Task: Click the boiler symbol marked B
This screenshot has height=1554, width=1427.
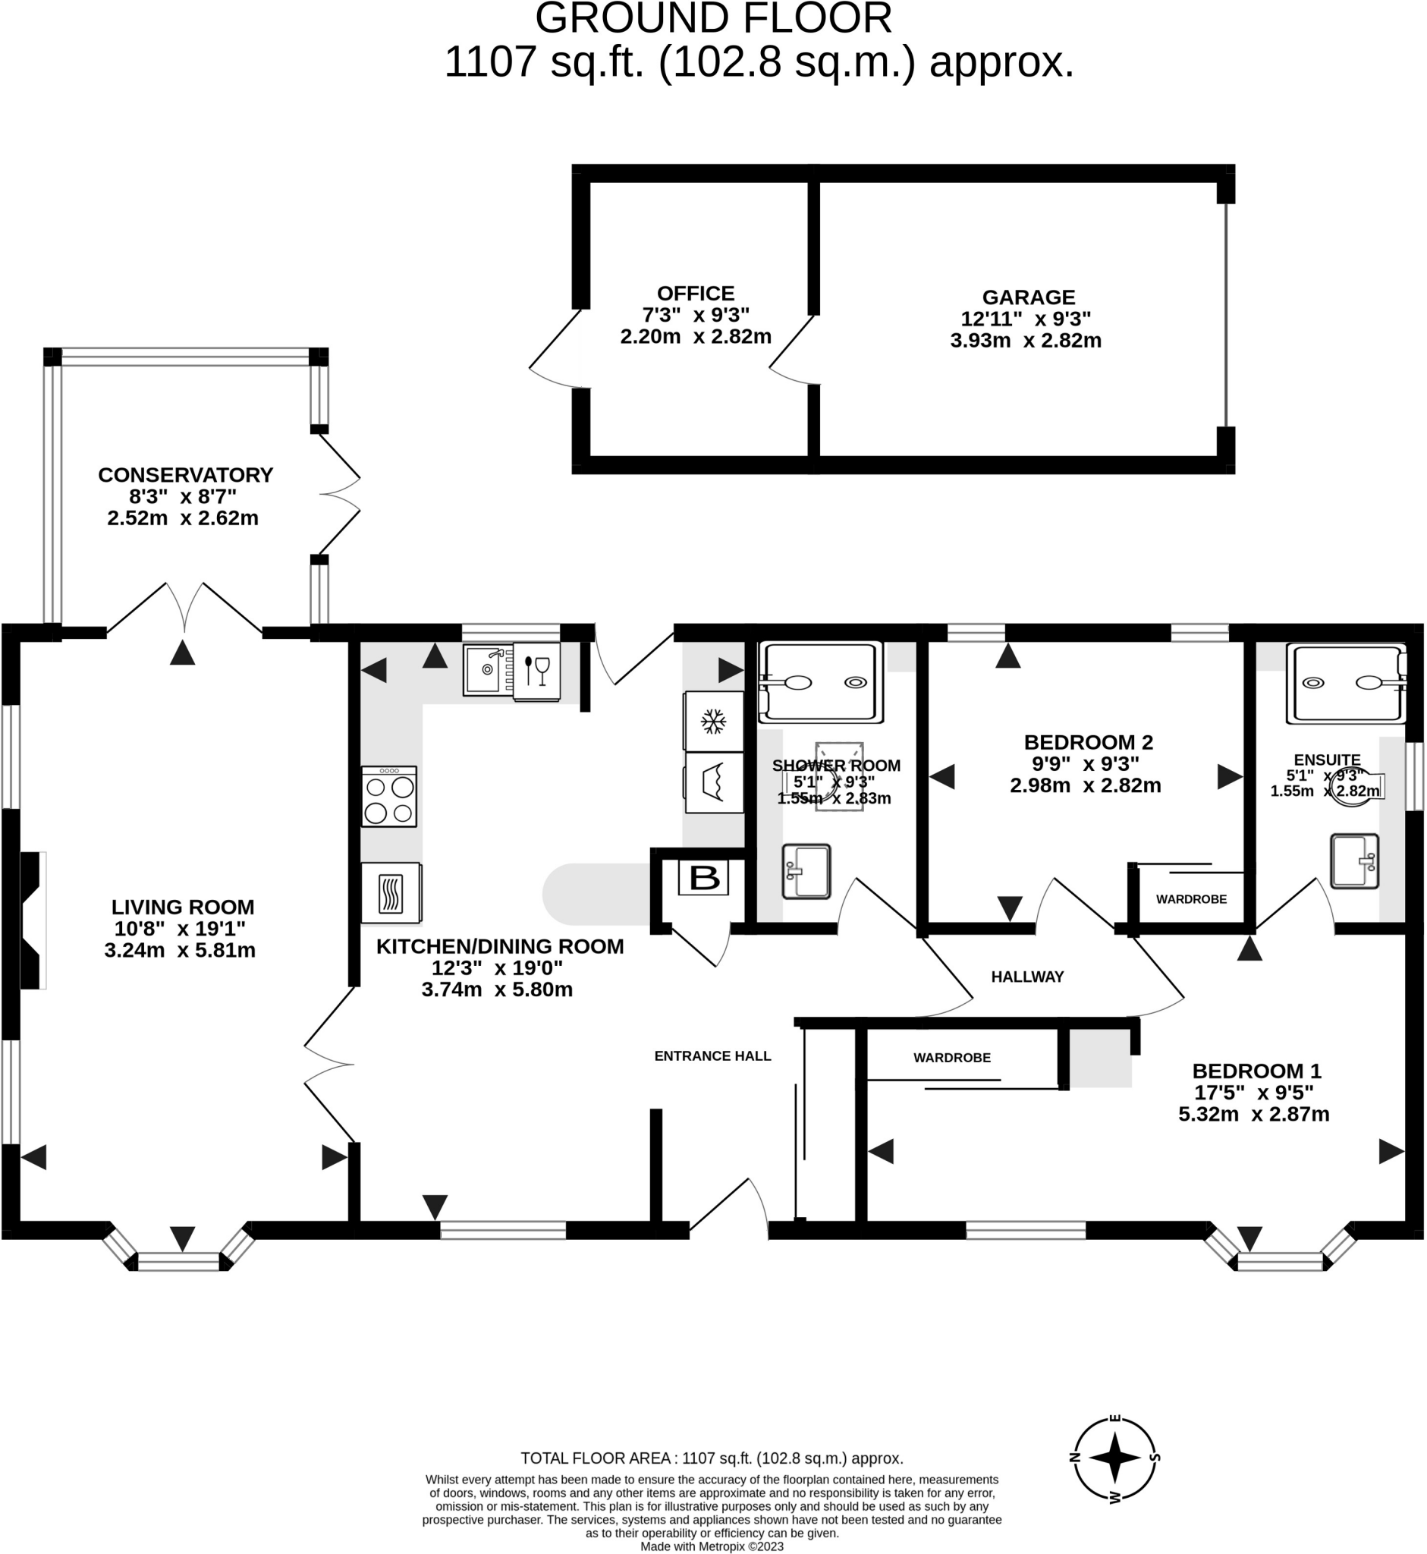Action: point(702,878)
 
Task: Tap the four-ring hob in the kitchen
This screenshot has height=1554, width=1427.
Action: point(389,796)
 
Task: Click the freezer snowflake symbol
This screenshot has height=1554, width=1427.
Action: point(712,722)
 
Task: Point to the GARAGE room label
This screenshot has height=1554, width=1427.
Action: point(1028,297)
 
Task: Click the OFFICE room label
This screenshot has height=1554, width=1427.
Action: point(695,294)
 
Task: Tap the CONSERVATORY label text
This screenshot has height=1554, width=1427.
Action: point(185,474)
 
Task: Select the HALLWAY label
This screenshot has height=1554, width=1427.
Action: point(1027,977)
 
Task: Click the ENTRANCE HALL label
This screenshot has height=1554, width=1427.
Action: point(712,1055)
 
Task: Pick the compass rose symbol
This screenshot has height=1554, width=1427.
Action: point(1114,1458)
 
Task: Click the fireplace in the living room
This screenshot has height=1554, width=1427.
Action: point(31,920)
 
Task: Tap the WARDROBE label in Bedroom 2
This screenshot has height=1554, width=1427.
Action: point(1191,899)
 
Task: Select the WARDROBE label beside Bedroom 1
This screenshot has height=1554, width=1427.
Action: point(951,1057)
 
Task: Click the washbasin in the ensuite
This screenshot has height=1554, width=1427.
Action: point(1354,860)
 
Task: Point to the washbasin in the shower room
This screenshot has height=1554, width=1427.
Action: point(806,871)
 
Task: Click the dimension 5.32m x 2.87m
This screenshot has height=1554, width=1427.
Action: point(1253,1115)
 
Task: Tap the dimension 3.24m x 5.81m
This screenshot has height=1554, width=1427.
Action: point(180,950)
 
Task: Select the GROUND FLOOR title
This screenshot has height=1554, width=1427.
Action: point(712,18)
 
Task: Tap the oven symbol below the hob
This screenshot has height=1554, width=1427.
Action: point(391,893)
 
